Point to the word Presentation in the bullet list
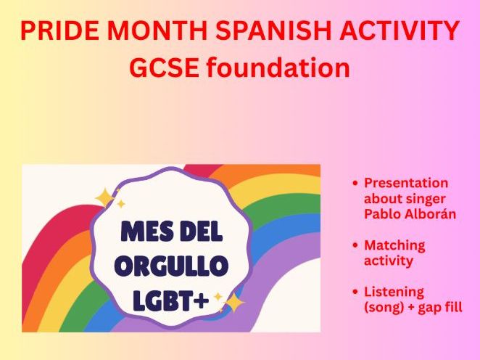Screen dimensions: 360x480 405,183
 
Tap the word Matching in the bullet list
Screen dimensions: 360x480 394,245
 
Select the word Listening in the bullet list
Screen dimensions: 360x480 393,292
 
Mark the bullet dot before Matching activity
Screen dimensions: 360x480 354,245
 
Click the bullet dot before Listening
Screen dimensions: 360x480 354,292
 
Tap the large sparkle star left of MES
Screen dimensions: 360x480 106,197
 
